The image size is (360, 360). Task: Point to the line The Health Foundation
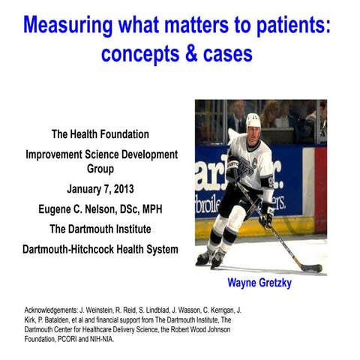(100, 134)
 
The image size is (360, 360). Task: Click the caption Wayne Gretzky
(260, 285)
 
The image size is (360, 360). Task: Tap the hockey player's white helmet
(253, 120)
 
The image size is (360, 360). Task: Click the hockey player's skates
(210, 259)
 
